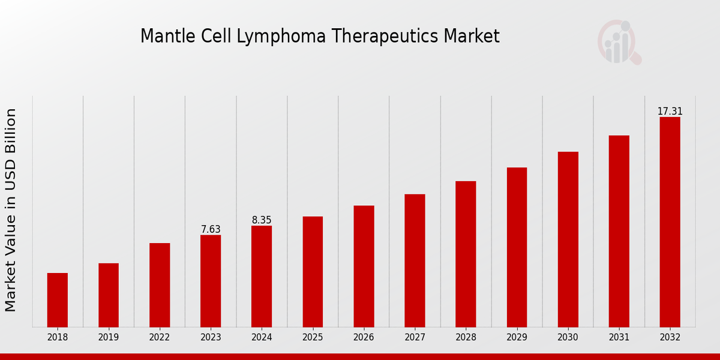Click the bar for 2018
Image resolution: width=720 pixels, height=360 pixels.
point(58,300)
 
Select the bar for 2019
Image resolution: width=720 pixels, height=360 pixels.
point(109,295)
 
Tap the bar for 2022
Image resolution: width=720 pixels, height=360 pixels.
point(160,285)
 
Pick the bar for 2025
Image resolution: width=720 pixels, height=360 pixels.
point(313,272)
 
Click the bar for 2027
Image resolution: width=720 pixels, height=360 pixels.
point(415,260)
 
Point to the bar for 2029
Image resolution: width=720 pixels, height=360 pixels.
point(517,247)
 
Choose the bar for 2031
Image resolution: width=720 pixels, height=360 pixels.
point(619,231)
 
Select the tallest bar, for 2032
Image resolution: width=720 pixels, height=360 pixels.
point(670,222)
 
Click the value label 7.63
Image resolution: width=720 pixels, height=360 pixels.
point(211,229)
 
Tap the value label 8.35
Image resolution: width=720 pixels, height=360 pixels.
point(262,220)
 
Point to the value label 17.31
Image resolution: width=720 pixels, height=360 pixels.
point(670,112)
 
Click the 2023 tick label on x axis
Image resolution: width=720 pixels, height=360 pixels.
point(211,337)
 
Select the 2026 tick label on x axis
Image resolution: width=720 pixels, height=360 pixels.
point(364,337)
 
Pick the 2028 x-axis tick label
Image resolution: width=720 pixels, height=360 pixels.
point(466,337)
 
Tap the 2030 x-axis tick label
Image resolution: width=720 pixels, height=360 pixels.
point(568,337)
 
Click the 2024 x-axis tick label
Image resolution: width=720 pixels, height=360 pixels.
point(262,337)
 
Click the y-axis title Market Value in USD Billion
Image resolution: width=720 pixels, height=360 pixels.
point(11,210)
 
